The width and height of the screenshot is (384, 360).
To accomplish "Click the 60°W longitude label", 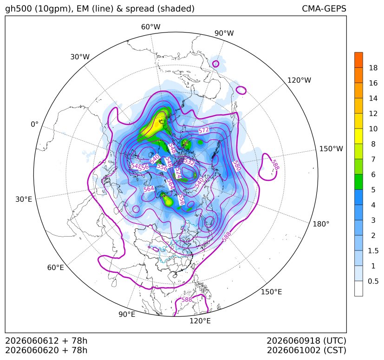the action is tap(150, 27).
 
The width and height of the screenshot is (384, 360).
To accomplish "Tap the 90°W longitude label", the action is tap(224, 33).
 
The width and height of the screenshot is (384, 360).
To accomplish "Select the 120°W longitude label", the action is tap(299, 80).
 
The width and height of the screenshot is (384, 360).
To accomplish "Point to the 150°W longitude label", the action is tap(331, 148).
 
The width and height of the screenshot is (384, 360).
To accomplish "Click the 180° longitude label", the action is tap(321, 224).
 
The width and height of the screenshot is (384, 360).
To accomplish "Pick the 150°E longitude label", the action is tap(271, 292).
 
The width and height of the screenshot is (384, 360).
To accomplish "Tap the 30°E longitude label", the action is tap(24, 199).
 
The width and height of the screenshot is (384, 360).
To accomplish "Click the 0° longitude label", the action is tap(34, 124).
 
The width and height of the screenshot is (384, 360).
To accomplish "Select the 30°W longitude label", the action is tap(80, 57).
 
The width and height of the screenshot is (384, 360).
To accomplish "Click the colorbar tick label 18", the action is tap(373, 68).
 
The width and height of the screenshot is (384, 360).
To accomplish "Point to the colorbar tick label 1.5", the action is tap(373, 251).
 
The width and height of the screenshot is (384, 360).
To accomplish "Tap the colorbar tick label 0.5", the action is tap(373, 281).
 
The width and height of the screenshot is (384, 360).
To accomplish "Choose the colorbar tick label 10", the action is tap(373, 129).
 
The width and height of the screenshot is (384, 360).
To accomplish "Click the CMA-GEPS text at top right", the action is tap(324, 8).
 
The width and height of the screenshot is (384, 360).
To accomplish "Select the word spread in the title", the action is tap(139, 9).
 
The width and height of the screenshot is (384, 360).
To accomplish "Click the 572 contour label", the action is tap(203, 130).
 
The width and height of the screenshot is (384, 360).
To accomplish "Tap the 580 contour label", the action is tap(236, 166).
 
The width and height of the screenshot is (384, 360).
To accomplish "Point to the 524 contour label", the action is tap(178, 173).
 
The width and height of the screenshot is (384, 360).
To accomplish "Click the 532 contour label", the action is tap(189, 161).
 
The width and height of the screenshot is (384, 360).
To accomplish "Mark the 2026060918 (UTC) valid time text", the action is tap(306, 341).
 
